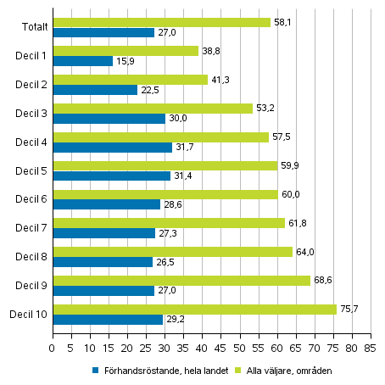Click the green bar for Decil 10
click(194, 309)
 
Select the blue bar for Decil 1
click(82, 61)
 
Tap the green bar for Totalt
click(161, 22)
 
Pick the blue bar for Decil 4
click(112, 148)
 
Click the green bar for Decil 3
click(152, 108)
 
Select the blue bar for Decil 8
click(102, 262)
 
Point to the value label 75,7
click(349, 309)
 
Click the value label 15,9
click(126, 61)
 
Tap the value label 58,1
click(283, 22)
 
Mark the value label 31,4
click(183, 176)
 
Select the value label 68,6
click(322, 280)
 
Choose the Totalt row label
click(35, 27)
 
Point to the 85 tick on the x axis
click(370, 346)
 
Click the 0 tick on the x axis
click(53, 346)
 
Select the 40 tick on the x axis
click(202, 346)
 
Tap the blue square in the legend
click(95, 371)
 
